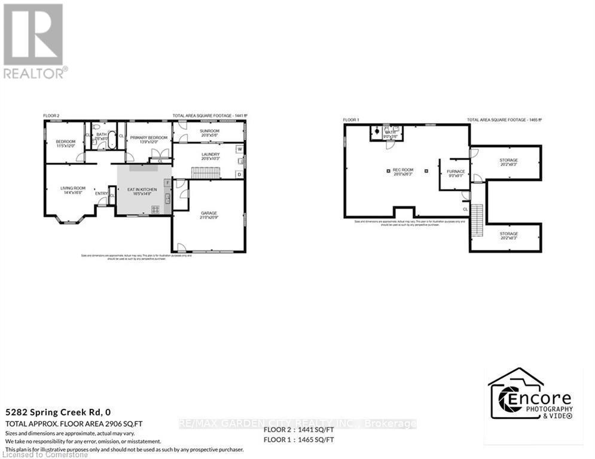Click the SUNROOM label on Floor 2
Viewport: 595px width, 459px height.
click(x=209, y=131)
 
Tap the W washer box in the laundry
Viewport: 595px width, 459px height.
click(x=239, y=149)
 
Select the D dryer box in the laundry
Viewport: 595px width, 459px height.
click(x=239, y=174)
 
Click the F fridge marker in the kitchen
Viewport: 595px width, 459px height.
click(x=167, y=182)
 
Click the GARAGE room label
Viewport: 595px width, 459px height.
click(x=209, y=213)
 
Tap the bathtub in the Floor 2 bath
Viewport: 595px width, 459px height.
click(x=109, y=130)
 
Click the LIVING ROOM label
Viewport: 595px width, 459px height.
click(x=73, y=189)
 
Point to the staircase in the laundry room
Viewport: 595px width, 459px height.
click(x=206, y=173)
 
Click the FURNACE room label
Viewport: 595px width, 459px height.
click(x=456, y=172)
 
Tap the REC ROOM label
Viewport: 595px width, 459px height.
click(x=402, y=170)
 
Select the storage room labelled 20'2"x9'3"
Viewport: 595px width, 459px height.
click(x=508, y=161)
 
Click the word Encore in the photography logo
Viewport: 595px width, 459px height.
click(x=537, y=398)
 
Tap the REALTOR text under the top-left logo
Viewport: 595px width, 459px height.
click(x=35, y=73)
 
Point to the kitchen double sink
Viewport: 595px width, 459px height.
click(x=168, y=197)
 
